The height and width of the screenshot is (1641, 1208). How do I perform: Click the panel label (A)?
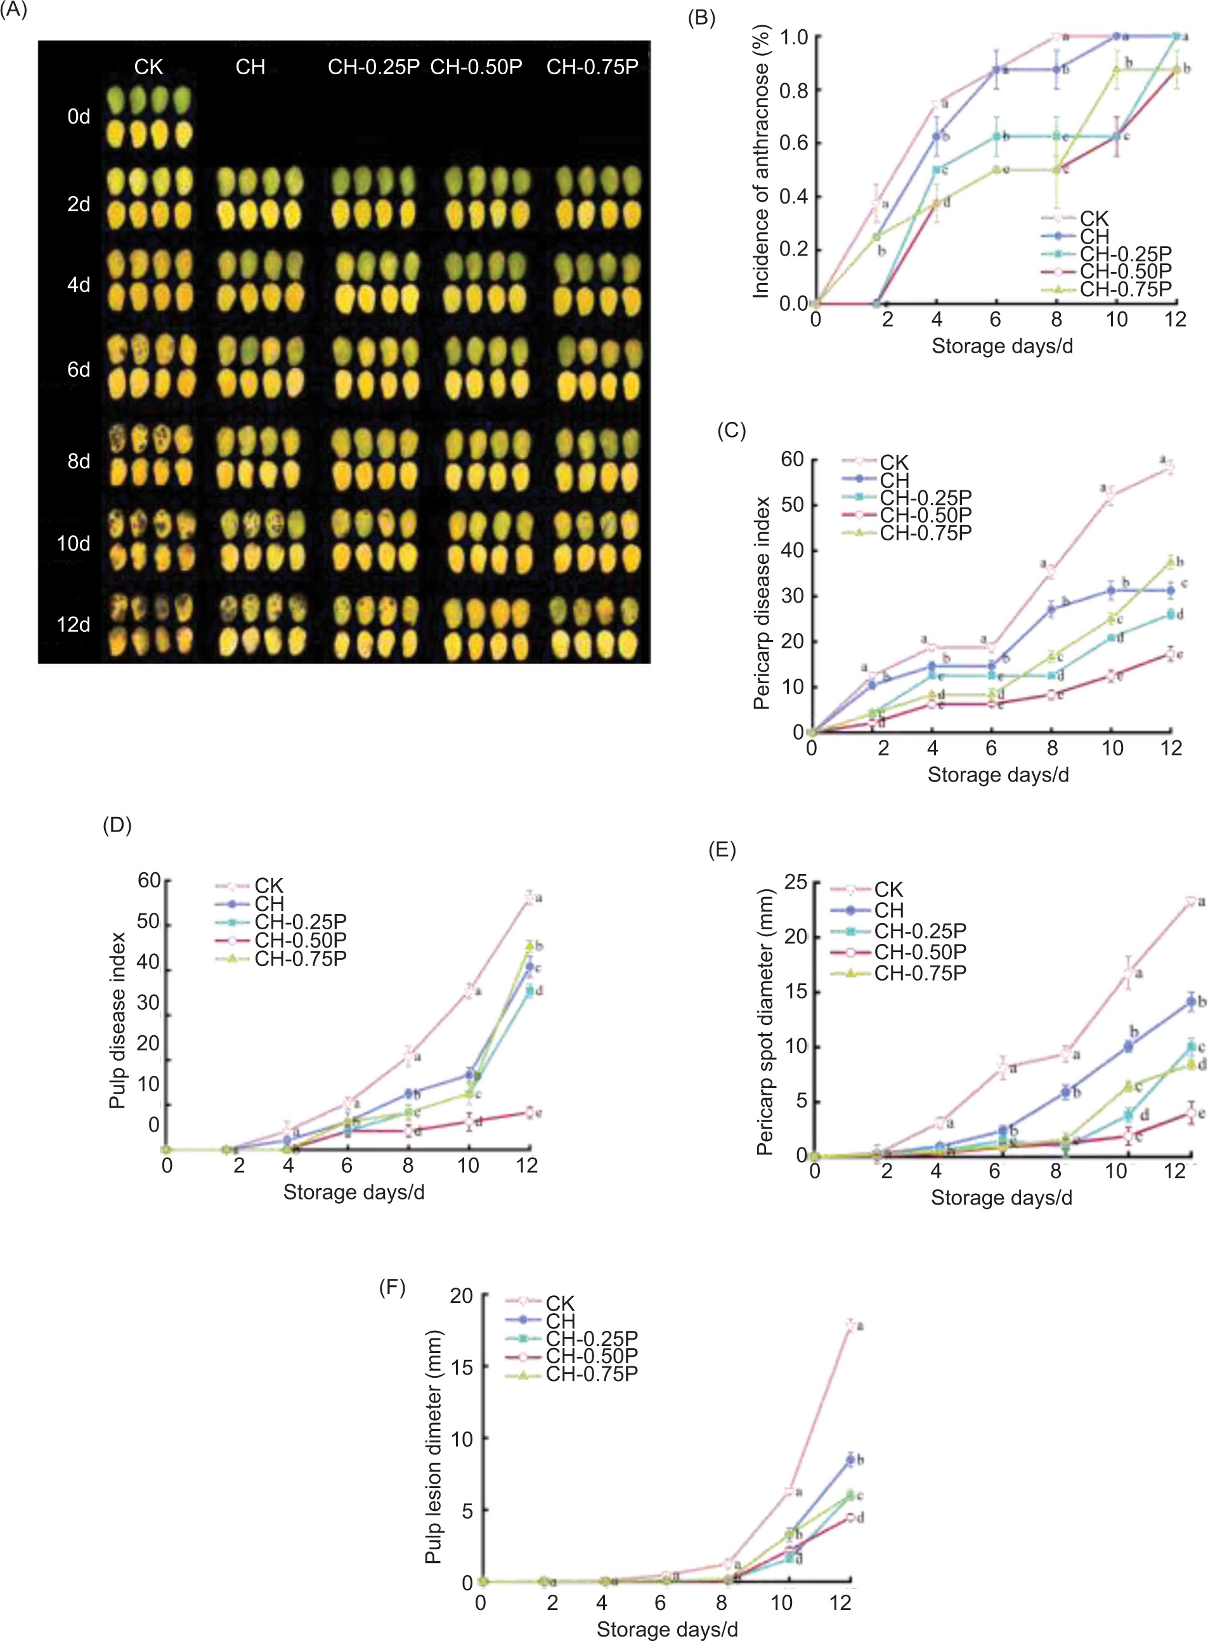pos(13,11)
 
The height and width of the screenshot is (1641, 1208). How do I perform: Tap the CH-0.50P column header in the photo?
pos(476,67)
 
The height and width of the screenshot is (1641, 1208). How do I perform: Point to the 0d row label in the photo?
pos(78,116)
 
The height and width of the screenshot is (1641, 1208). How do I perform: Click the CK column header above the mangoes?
pos(148,67)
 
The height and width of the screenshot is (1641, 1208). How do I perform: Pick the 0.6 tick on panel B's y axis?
pos(793,143)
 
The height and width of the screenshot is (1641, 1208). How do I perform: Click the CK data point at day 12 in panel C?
pos(1171,467)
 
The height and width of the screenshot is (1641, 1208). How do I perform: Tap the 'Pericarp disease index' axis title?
pos(761,603)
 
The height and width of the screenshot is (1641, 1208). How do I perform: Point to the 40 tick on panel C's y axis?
pos(792,550)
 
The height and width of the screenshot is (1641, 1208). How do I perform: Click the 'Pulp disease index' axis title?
pos(117,1020)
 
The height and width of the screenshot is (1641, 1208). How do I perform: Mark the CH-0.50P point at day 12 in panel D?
pos(529,1112)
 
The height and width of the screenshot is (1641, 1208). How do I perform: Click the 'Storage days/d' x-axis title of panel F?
pos(667,1630)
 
